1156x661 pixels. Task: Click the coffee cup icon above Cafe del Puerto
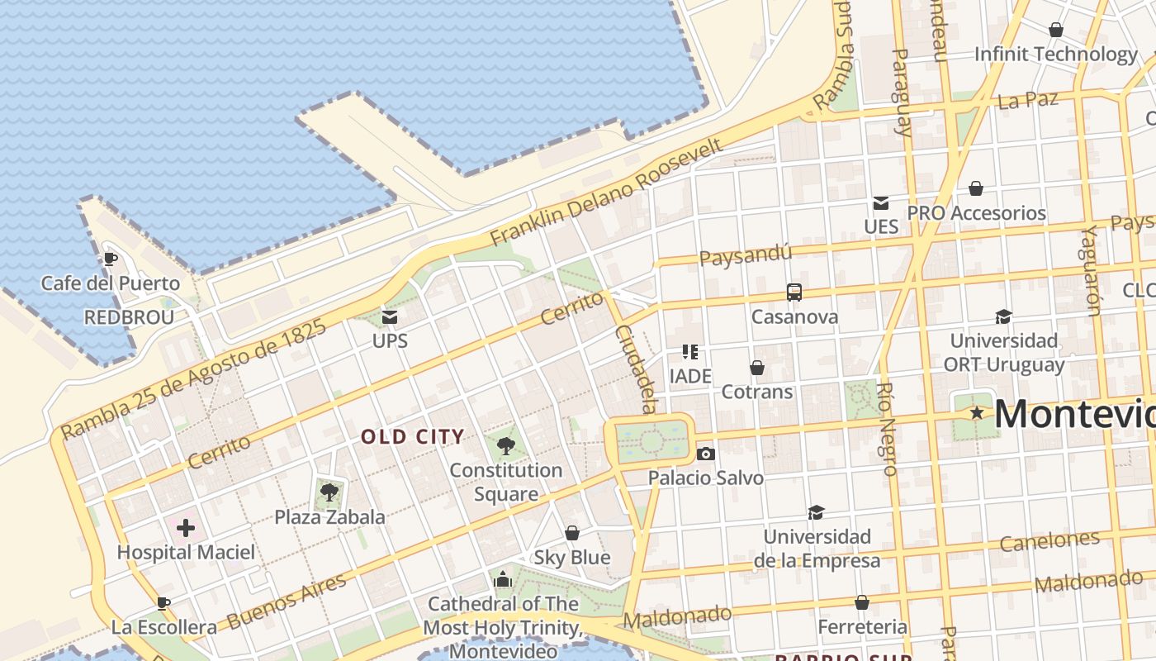click(110, 259)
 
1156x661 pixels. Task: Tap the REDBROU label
click(129, 318)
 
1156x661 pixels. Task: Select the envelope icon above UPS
click(390, 316)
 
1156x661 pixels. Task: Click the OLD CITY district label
click(413, 437)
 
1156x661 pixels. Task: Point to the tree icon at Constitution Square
click(506, 446)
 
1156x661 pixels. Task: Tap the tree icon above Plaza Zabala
click(329, 492)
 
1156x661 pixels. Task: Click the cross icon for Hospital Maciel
click(186, 527)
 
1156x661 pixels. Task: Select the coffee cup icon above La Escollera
click(163, 603)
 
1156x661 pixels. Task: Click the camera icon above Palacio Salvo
click(705, 454)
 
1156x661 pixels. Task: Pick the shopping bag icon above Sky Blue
click(572, 533)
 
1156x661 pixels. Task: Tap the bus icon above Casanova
click(794, 292)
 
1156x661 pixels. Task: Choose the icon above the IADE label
click(690, 353)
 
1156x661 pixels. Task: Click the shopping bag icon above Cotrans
click(757, 368)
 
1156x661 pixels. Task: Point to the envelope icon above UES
click(881, 202)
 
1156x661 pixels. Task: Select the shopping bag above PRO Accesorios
click(976, 188)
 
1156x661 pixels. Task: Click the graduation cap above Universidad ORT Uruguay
click(1003, 316)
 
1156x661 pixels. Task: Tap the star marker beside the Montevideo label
click(978, 412)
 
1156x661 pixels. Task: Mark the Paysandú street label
click(745, 255)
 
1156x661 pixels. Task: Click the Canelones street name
click(1049, 541)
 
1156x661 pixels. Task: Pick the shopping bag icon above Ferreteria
click(862, 602)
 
